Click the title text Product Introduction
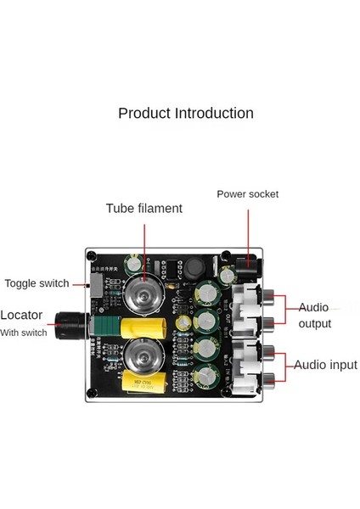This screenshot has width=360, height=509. pyautogui.click(x=185, y=113)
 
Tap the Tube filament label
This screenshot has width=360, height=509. pyautogui.click(x=143, y=209)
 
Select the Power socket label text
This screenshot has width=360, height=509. pyautogui.click(x=247, y=194)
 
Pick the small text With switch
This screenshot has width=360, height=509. pyautogui.click(x=24, y=333)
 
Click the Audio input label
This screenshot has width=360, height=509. pyautogui.click(x=325, y=365)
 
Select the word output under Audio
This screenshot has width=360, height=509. pyautogui.click(x=314, y=323)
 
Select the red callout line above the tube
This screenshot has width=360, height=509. pyautogui.click(x=143, y=246)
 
